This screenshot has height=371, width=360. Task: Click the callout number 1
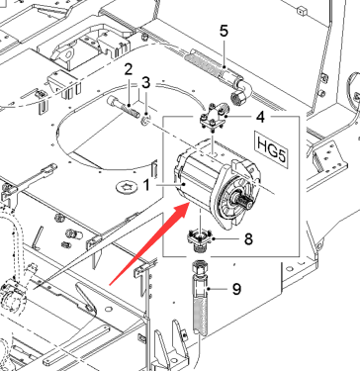(x=146, y=185)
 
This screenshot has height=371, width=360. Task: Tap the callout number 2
(x=129, y=69)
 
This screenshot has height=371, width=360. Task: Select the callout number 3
(x=146, y=82)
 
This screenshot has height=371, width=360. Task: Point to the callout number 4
(x=260, y=117)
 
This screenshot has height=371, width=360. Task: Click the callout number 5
(x=224, y=32)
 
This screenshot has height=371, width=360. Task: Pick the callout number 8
(x=248, y=238)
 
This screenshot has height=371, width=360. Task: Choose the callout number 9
(x=236, y=289)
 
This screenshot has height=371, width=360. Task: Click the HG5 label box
(x=272, y=149)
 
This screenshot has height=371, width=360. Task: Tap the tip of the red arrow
(x=189, y=203)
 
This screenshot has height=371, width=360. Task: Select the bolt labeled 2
(x=123, y=106)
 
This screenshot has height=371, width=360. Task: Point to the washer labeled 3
(x=145, y=121)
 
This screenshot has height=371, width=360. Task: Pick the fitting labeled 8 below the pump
(x=199, y=241)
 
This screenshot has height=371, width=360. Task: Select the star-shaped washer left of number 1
(x=128, y=188)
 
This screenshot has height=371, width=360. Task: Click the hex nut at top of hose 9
(x=199, y=266)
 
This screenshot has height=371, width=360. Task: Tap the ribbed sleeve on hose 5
(x=201, y=61)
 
